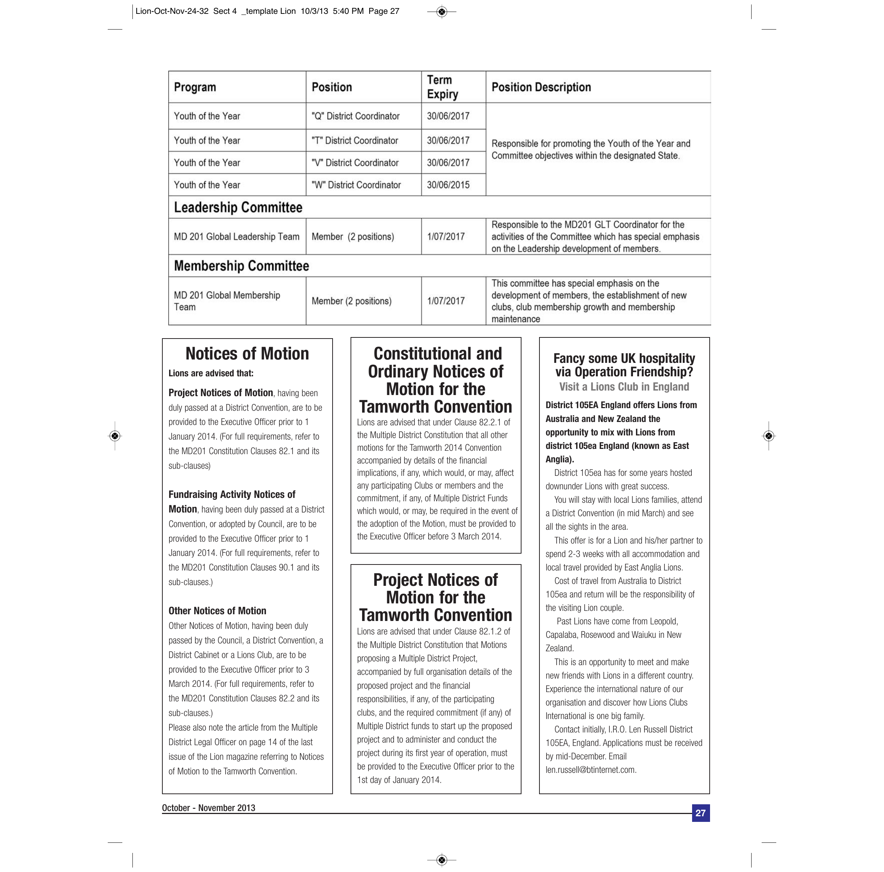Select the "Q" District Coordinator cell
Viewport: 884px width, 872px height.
[x=355, y=116]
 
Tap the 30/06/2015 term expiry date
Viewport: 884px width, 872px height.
[x=448, y=185]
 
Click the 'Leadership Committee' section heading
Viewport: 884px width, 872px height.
[x=238, y=207]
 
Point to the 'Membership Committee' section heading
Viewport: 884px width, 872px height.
[x=241, y=266]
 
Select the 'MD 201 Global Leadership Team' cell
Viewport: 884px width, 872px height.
[x=236, y=236]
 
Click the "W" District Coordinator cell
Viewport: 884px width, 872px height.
[x=356, y=185]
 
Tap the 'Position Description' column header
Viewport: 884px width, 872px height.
[x=541, y=87]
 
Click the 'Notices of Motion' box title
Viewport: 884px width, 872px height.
[x=247, y=354]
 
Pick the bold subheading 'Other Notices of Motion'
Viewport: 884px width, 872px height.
[x=217, y=611]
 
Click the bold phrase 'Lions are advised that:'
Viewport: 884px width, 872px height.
[x=211, y=373]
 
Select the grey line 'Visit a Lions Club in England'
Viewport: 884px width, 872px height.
[x=624, y=387]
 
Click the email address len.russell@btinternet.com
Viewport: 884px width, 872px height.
[x=590, y=770]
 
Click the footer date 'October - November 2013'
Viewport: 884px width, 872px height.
[x=209, y=808]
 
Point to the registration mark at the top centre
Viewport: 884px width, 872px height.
[x=441, y=12]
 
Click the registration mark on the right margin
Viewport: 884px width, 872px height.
[x=769, y=436]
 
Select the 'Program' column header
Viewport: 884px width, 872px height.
[x=195, y=87]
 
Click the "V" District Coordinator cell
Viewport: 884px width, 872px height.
[x=355, y=163]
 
